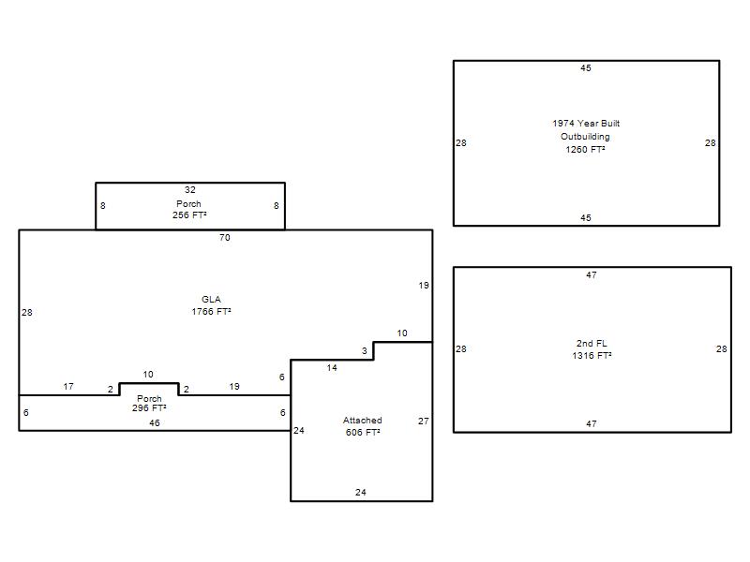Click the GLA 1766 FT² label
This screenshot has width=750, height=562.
click(211, 305)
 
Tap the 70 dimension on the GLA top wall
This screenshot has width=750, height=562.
click(224, 238)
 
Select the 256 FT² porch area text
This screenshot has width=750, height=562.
click(189, 215)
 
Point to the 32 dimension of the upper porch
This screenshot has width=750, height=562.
click(190, 190)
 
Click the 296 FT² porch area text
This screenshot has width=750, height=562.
click(149, 408)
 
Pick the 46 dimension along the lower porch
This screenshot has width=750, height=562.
click(154, 423)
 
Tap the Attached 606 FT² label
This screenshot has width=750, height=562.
click(363, 426)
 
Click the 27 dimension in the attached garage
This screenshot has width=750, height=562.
click(424, 421)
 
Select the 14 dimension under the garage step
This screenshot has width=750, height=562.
click(332, 367)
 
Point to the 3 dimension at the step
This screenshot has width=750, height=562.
click(365, 350)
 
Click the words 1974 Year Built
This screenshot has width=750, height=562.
click(586, 124)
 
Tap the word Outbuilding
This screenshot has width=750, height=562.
click(585, 137)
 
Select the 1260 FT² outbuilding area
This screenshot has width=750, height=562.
click(585, 150)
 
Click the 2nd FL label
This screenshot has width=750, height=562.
click(592, 343)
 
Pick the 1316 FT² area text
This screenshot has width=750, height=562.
click(592, 356)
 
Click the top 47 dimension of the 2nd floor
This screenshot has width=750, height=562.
click(592, 274)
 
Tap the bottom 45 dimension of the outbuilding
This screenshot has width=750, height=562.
click(585, 218)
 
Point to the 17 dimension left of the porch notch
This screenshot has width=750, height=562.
click(68, 386)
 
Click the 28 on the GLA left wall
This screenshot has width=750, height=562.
click(27, 313)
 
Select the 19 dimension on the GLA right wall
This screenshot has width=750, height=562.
click(424, 286)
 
